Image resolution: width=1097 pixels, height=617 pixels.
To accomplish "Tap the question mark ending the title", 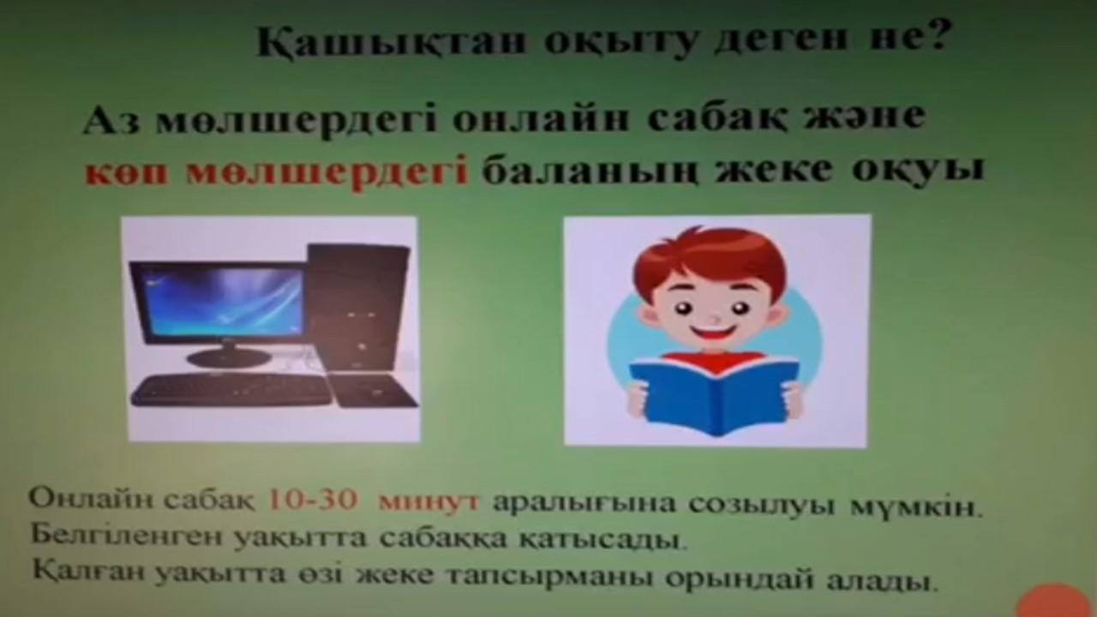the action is point(938,34).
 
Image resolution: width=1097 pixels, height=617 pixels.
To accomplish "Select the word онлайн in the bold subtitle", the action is point(540,119).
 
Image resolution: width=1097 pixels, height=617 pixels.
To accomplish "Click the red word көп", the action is point(128,171).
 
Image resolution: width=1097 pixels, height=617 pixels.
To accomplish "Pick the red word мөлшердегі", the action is point(327,172).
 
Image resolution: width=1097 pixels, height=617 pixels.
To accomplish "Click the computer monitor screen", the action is point(224,300).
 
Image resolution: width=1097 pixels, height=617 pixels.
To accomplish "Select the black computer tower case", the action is point(358,308).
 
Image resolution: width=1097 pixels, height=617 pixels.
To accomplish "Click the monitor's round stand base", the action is point(229,359).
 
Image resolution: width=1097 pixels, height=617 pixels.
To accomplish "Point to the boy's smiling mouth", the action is point(715,334).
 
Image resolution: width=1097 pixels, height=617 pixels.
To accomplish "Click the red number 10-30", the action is point(313,500).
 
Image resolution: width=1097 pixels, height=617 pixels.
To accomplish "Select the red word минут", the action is point(429,501).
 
